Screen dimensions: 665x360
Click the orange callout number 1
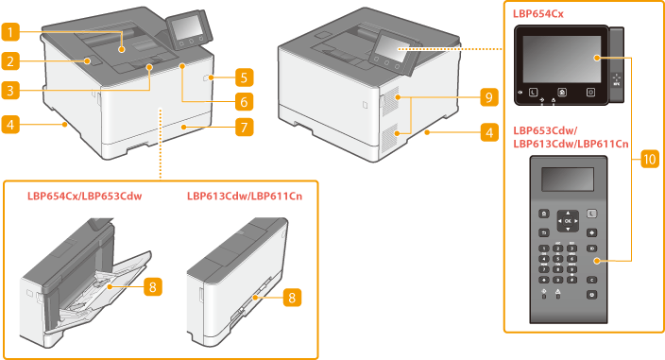[10, 32]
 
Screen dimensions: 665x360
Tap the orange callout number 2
[10, 61]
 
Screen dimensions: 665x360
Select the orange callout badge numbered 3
[10, 91]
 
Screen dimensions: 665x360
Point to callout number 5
[245, 77]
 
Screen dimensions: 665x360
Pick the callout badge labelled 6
[245, 102]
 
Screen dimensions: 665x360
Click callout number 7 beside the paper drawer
[245, 127]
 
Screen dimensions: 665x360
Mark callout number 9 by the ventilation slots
[489, 97]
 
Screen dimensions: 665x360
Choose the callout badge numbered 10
[650, 159]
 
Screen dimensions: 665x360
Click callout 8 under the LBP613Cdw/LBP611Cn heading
[292, 298]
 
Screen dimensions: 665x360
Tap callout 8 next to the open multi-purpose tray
[153, 287]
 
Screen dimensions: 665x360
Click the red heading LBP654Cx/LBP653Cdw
[84, 196]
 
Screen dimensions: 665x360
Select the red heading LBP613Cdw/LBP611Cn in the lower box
[245, 196]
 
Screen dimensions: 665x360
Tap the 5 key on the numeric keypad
[558, 259]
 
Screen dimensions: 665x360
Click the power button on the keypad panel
[591, 294]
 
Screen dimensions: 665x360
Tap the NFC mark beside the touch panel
[616, 79]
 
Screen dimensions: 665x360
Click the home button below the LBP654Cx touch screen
[562, 92]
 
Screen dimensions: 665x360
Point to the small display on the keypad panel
[568, 180]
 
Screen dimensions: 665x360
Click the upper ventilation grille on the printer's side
[391, 101]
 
